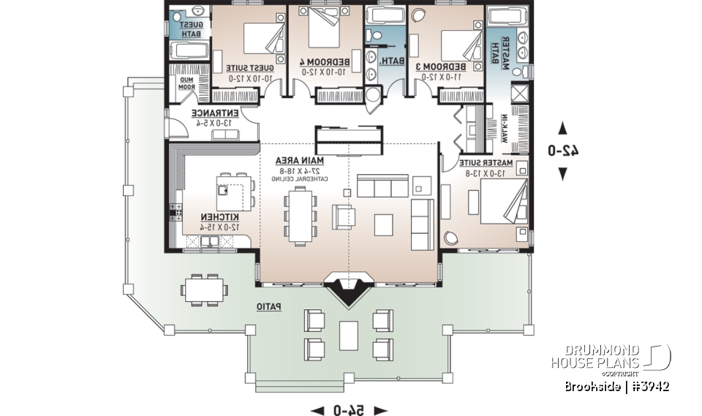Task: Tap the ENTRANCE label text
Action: (214, 114)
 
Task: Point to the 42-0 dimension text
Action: (562, 151)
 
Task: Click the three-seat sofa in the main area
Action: (382, 186)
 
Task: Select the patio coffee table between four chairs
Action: (349, 333)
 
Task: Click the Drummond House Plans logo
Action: (610, 357)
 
